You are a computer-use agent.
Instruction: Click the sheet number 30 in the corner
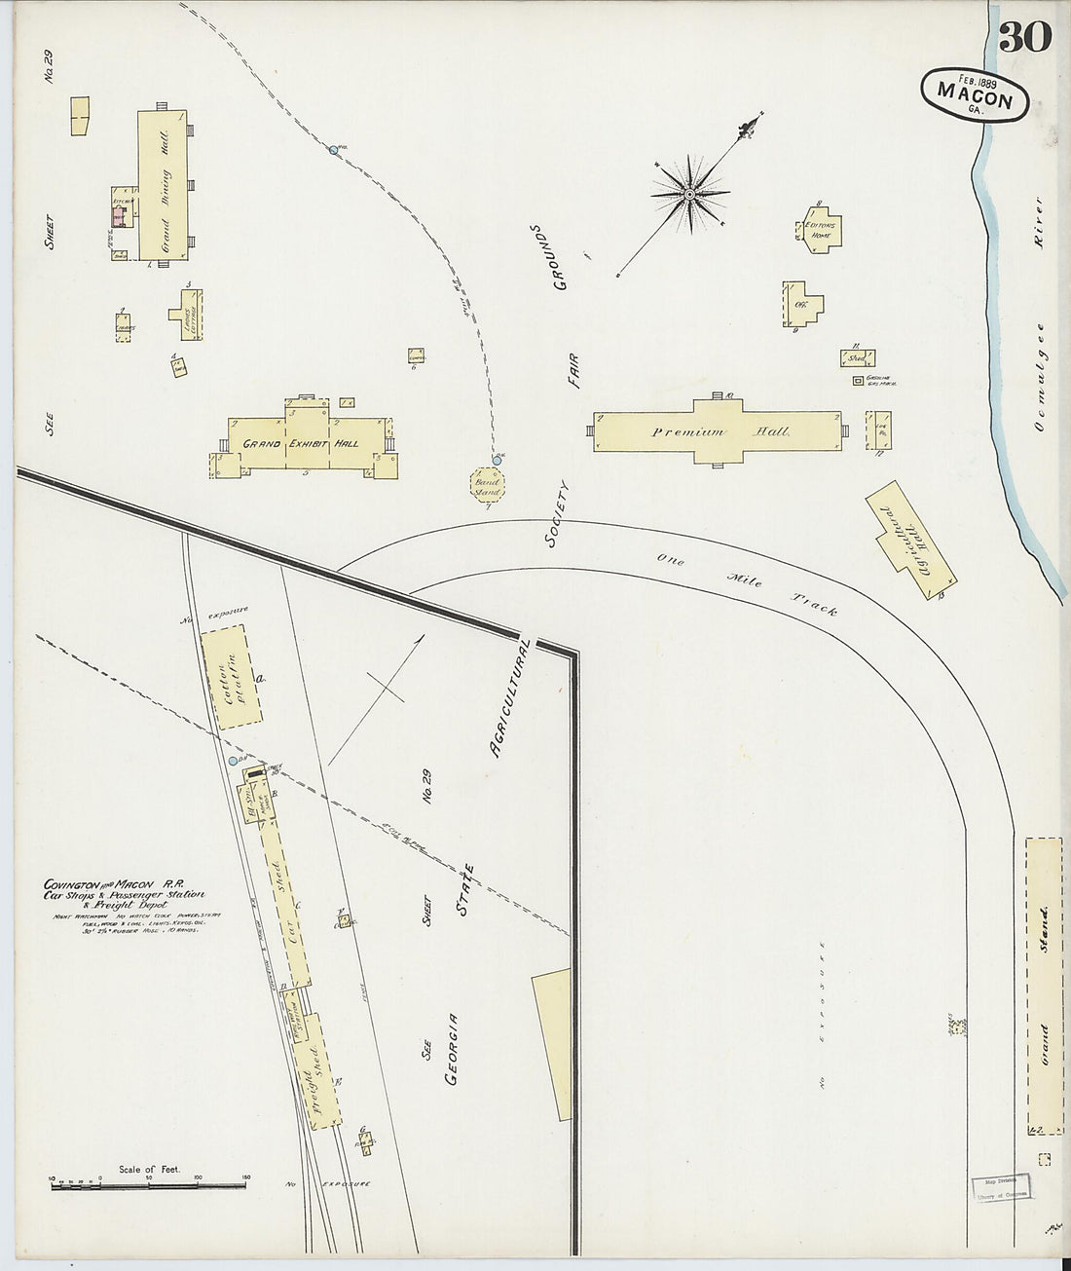[x=1024, y=37]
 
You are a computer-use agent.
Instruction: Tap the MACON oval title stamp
[x=974, y=95]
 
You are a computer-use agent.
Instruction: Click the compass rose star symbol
[x=689, y=194]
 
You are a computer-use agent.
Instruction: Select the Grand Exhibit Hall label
[x=300, y=443]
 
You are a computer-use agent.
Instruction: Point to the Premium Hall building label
[x=720, y=431]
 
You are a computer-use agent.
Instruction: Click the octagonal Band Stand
[x=487, y=484]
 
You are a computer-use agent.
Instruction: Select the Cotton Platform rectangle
[x=231, y=678]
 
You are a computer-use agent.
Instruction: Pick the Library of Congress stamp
[x=1002, y=1188]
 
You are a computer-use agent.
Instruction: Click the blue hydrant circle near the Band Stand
[x=496, y=459]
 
